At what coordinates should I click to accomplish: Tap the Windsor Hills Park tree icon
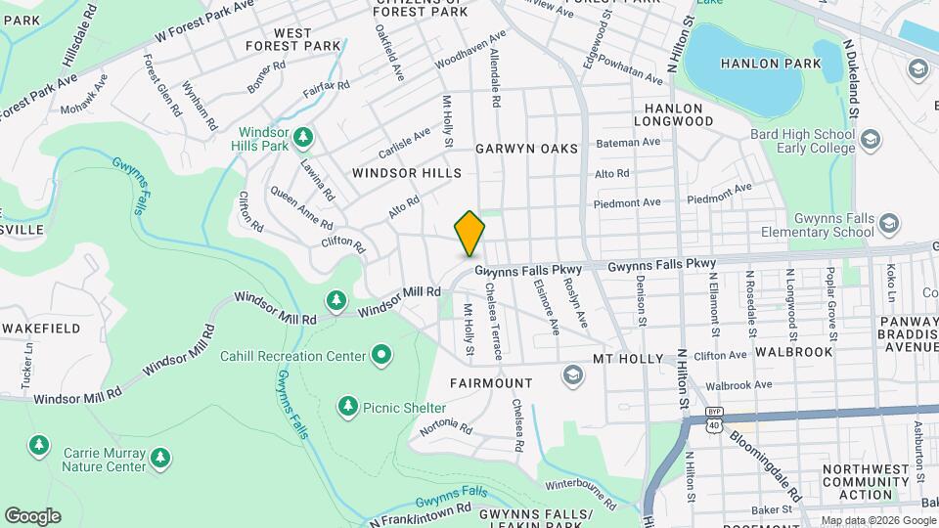pyautogui.click(x=304, y=135)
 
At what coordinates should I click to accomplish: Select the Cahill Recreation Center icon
pyautogui.click(x=381, y=354)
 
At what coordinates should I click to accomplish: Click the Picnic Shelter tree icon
pyautogui.click(x=347, y=405)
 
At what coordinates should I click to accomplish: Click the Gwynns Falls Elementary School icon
pyautogui.click(x=888, y=225)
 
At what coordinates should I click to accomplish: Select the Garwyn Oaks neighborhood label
pyautogui.click(x=526, y=149)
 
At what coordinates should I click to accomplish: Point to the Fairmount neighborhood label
pyautogui.click(x=491, y=382)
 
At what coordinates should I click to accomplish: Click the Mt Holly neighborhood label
pyautogui.click(x=628, y=359)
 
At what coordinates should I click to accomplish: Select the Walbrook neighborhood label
pyautogui.click(x=793, y=352)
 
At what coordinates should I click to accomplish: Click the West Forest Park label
pyautogui.click(x=293, y=39)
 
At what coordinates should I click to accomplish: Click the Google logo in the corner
pyautogui.click(x=32, y=515)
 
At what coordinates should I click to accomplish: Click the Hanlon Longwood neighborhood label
pyautogui.click(x=673, y=114)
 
